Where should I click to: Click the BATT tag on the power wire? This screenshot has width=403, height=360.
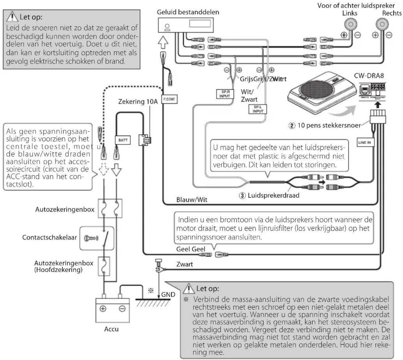pos(123,140)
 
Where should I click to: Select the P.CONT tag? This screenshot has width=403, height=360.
pos(169,99)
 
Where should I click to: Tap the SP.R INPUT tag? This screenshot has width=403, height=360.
pos(225,94)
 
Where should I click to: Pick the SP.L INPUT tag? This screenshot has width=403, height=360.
pos(258,109)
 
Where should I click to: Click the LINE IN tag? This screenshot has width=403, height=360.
pos(365,142)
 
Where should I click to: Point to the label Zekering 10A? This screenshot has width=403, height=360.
pos(138,102)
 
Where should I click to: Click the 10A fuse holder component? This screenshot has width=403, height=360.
pos(145,140)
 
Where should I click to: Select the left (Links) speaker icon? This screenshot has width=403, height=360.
pos(351,24)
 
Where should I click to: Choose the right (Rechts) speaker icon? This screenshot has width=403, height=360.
pos(382,24)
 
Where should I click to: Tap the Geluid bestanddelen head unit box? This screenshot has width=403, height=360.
pos(185,25)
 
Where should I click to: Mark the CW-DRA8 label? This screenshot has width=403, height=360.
pos(369,76)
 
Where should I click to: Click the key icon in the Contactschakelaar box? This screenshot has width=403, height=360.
pos(91,238)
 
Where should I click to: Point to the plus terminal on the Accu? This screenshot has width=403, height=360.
pos(103,309)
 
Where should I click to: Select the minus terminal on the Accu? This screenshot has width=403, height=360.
pos(122,309)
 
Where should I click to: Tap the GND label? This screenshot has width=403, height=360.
pos(168,295)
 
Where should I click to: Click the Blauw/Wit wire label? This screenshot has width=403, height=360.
pos(192,200)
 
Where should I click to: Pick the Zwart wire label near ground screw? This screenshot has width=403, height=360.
pos(185,264)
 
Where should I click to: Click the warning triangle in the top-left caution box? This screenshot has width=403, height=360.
pos(12,17)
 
